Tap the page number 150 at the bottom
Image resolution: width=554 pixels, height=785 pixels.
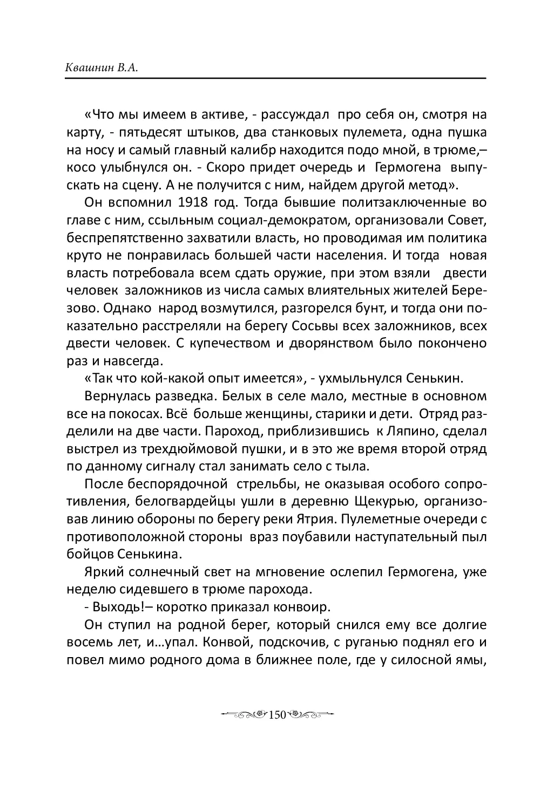(276, 714)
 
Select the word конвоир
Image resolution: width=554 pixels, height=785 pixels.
(306, 607)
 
